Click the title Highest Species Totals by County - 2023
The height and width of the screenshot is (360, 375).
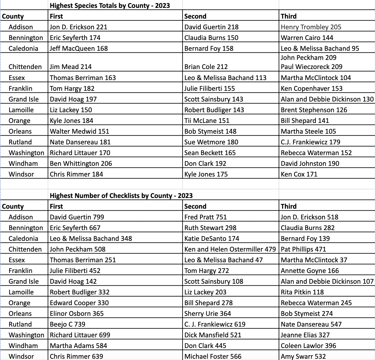click(110, 6)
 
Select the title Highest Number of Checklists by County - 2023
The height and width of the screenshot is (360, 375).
click(121, 196)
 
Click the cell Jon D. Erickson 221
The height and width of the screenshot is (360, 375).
click(78, 27)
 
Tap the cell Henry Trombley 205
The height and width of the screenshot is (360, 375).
click(311, 27)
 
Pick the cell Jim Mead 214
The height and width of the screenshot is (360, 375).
click(71, 67)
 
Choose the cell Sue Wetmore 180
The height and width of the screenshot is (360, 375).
click(211, 142)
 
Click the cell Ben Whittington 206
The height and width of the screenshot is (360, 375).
click(81, 164)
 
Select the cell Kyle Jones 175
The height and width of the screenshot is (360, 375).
click(206, 174)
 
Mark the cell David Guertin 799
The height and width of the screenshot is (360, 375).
click(77, 217)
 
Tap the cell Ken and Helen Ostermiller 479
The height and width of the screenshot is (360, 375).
click(230, 249)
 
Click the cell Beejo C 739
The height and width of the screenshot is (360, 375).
click(67, 324)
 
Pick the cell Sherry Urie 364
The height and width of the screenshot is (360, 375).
click(207, 314)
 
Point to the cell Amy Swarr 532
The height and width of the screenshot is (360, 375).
click(303, 357)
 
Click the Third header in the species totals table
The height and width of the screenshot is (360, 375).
click(289, 16)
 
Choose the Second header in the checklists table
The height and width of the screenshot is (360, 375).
click(195, 206)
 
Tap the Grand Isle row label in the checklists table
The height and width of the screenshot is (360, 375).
click(24, 282)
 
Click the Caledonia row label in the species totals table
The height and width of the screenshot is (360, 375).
click(23, 49)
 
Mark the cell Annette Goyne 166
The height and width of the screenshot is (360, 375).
click(310, 271)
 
